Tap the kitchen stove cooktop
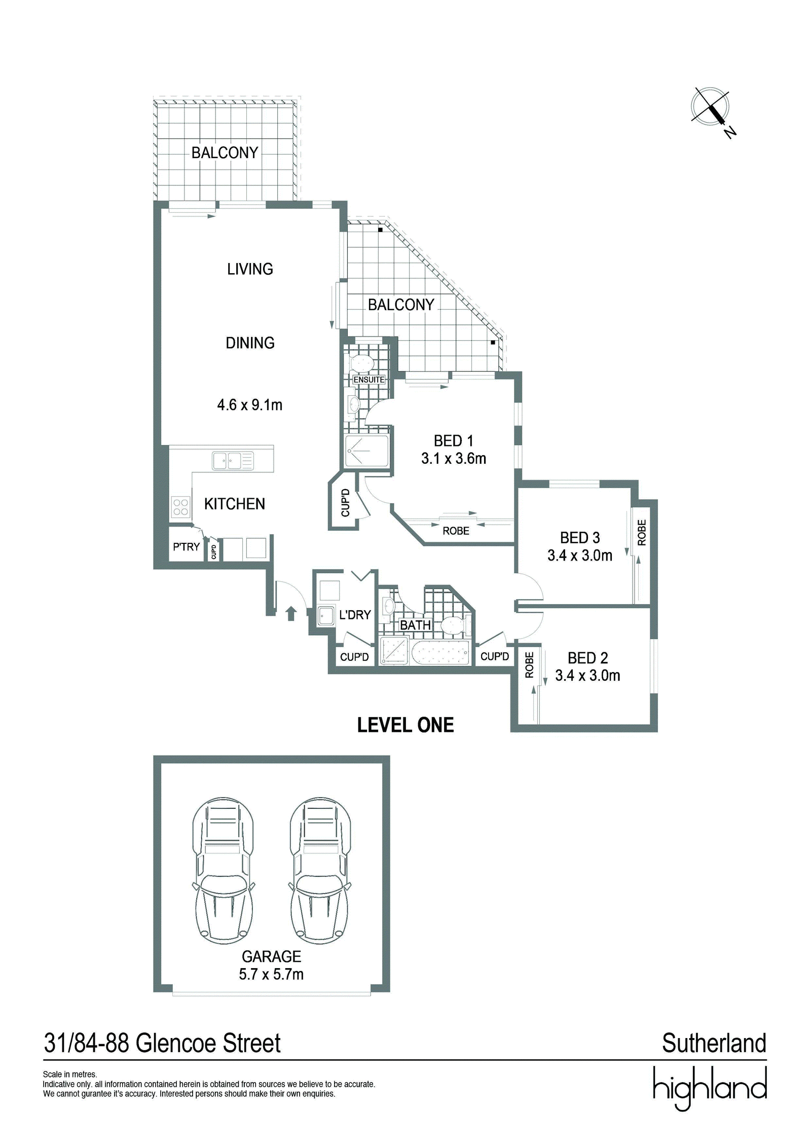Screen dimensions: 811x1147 click(180, 507)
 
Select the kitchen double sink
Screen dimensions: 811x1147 click(233, 461)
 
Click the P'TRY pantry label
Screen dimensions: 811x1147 click(186, 546)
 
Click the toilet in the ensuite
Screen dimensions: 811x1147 click(362, 362)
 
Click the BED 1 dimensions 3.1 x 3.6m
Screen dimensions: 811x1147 click(454, 459)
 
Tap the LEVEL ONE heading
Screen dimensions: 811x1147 click(405, 725)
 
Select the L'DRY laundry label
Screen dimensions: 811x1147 click(355, 615)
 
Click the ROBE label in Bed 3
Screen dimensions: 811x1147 click(642, 533)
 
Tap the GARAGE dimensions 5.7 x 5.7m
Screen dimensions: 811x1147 click(272, 975)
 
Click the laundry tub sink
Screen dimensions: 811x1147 click(326, 616)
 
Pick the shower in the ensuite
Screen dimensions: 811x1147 click(367, 451)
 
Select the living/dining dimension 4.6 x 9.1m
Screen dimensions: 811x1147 click(250, 405)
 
